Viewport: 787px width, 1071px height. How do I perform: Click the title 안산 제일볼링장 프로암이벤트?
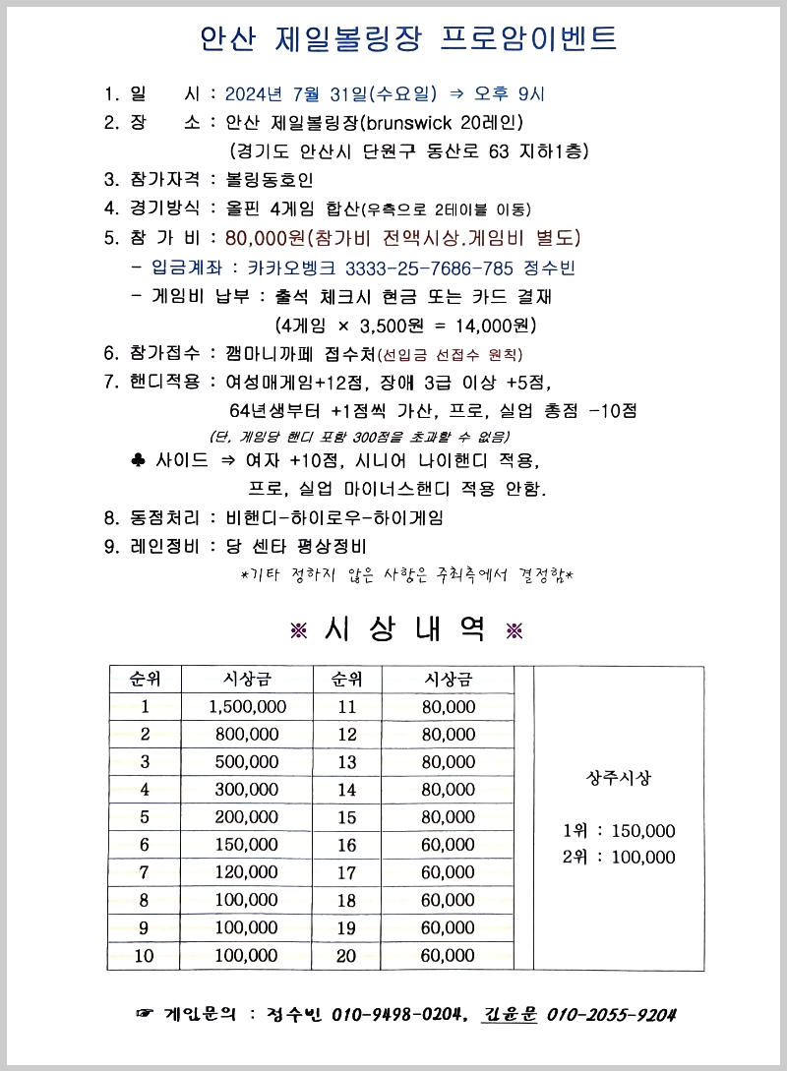[408, 38]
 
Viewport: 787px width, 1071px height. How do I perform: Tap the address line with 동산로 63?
[408, 151]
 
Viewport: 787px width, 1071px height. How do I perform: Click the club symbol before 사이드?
[138, 459]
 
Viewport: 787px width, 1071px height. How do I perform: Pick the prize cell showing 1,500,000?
[248, 707]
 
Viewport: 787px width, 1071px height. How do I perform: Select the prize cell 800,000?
[248, 735]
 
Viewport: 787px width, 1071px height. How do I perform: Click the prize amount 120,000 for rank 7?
[248, 872]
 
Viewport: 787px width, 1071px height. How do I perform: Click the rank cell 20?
[347, 955]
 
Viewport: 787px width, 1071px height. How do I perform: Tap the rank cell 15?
[347, 817]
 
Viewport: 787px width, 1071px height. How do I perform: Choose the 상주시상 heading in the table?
[618, 778]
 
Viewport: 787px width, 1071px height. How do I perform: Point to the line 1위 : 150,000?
[619, 831]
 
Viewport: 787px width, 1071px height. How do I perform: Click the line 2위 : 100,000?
[619, 858]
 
